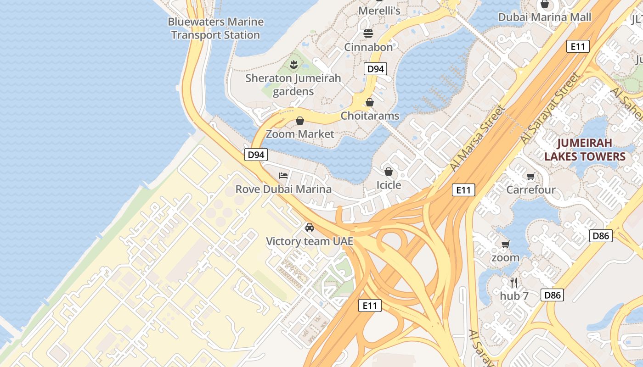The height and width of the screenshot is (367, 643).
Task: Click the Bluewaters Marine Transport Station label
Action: tap(215, 28)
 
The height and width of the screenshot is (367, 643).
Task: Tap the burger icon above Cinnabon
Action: tap(368, 33)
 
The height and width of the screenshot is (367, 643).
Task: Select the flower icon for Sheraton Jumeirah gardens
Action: tap(294, 64)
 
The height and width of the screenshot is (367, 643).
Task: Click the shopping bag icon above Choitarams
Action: tap(370, 102)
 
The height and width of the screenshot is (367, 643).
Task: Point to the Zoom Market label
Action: tap(300, 134)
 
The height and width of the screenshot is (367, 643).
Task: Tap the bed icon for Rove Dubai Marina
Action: tap(283, 176)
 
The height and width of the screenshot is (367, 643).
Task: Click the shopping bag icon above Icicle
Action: tap(389, 172)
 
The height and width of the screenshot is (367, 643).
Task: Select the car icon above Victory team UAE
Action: tap(310, 228)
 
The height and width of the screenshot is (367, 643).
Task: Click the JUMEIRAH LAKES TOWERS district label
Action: tap(585, 150)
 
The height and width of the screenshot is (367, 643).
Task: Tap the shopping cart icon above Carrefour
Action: tap(531, 177)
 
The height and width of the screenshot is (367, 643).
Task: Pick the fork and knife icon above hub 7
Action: tap(514, 283)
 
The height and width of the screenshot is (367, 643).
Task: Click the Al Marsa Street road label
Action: tap(478, 139)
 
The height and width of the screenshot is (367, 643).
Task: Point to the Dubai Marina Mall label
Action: tap(545, 17)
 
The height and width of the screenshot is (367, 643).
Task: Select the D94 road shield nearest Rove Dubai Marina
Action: tap(256, 155)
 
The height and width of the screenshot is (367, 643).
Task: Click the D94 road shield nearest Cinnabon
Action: tap(375, 69)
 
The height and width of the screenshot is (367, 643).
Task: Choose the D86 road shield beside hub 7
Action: tap(552, 295)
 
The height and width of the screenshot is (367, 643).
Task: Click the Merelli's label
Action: tap(379, 11)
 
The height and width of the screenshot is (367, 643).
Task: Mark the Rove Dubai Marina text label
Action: tap(283, 189)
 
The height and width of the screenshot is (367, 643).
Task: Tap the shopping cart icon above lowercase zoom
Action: tap(506, 244)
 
